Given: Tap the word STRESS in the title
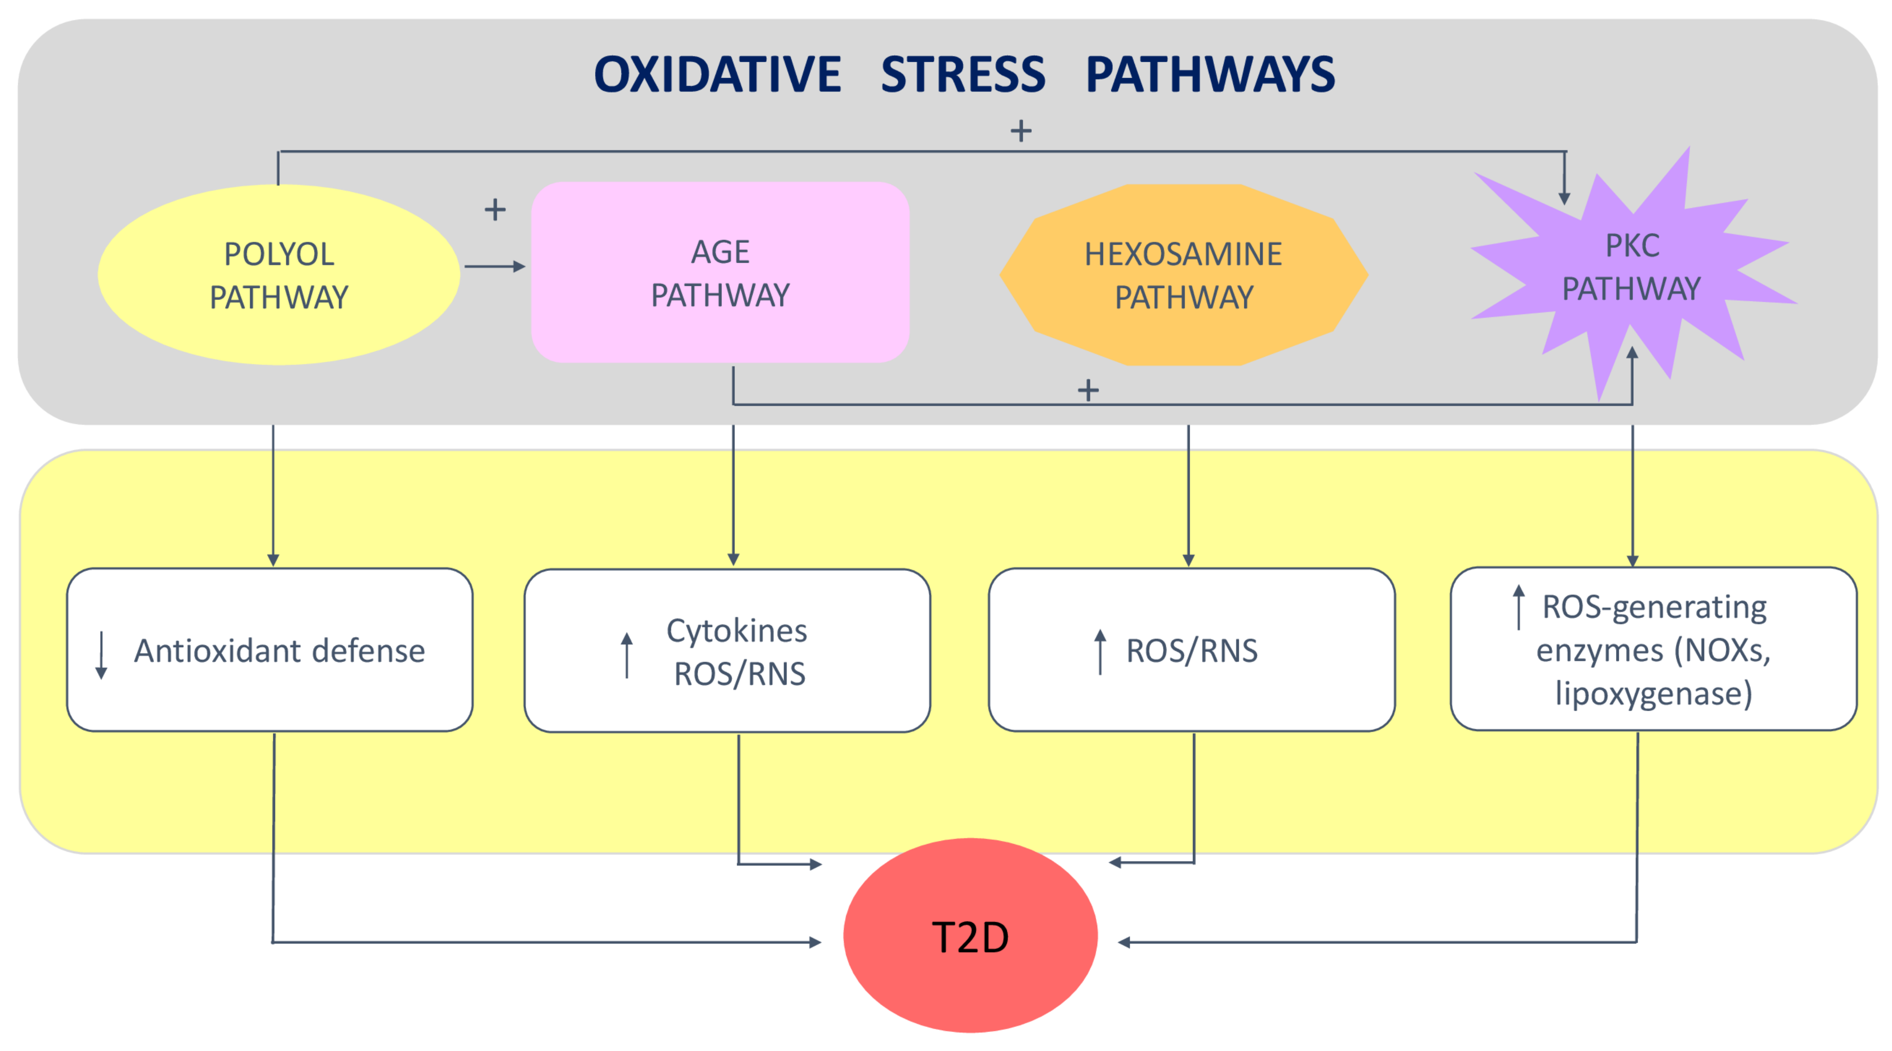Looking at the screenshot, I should click(963, 75).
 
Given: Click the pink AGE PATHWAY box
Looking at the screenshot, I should click(720, 272).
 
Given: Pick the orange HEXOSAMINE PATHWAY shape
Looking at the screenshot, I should click(1183, 275).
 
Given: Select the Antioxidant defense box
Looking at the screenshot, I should click(270, 650).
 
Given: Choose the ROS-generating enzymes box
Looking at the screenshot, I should click(1653, 649).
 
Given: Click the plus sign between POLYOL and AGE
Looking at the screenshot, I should click(495, 210).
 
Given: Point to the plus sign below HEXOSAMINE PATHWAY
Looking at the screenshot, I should click(1088, 390).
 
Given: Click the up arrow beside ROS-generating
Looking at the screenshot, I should click(1518, 607).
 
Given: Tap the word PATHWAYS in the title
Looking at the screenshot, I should click(1210, 75).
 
